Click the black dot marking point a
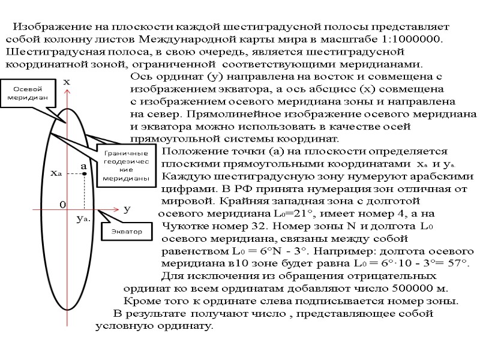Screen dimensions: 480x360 click(85, 173)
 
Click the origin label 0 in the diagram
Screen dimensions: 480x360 click(61, 205)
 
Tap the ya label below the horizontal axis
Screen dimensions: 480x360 click(83, 220)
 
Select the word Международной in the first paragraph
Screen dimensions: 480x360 click(195, 40)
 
